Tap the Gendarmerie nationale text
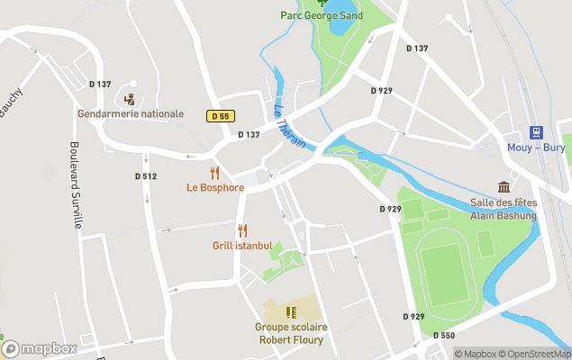[131, 114]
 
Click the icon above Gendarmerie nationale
[131, 99]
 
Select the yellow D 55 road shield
[219, 116]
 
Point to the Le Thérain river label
[289, 126]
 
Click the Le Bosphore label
[215, 188]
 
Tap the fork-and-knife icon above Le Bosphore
[214, 173]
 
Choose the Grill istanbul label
[241, 246]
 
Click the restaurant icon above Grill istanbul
[241, 230]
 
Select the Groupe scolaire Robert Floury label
[290, 333]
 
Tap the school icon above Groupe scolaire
[290, 311]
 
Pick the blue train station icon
[536, 131]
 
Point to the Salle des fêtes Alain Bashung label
[503, 210]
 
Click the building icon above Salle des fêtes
[504, 187]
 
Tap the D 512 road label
[146, 176]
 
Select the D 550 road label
[443, 336]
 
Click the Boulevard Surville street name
[77, 184]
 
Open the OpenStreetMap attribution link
[534, 354]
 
